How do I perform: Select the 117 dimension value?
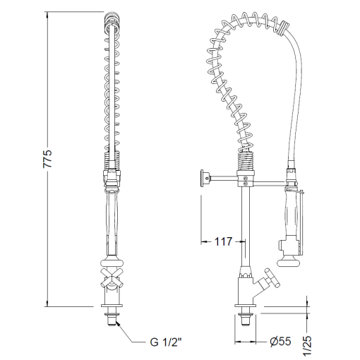tap(223, 242)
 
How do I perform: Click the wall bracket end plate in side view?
tap(205, 179)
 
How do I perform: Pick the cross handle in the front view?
tap(112, 277)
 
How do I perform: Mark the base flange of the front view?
tap(112, 311)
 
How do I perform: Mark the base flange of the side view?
tap(245, 311)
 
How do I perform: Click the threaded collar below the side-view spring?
tap(246, 162)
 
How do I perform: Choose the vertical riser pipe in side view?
tap(245, 226)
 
